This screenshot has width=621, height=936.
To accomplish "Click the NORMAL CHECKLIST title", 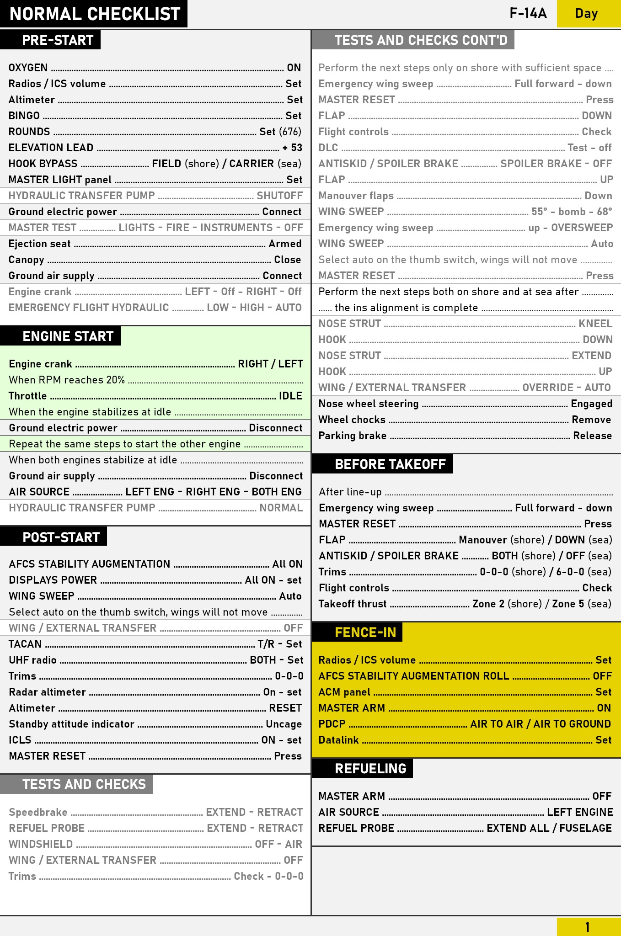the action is coord(95,14).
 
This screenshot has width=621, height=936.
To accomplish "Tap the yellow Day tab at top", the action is coord(586,14).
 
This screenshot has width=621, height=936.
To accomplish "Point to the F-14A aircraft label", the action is coord(528,13).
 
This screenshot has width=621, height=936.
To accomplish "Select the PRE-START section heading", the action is coord(57,40).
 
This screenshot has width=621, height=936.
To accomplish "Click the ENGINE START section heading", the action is coord(68,336).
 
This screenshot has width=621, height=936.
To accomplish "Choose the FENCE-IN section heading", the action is coord(365,633).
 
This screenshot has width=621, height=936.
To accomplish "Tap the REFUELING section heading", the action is coord(370,769).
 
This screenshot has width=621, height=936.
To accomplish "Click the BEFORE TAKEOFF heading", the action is coord(390,464).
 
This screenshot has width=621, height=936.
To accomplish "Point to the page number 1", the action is coord(587,927).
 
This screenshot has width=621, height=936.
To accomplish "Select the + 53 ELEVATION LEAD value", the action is coord(292,148).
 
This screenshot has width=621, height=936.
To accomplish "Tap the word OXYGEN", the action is coord(28,68).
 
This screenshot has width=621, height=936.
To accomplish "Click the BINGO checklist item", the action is coord(24,116).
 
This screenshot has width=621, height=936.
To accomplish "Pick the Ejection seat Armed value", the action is coord(285,244).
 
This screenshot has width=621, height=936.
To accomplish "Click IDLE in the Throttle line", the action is coord(290,396).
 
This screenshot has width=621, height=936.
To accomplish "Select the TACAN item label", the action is coord(25,644).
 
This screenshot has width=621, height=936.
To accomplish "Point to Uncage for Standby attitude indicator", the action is coord(284,724).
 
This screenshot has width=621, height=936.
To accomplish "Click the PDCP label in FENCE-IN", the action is coord(332,724).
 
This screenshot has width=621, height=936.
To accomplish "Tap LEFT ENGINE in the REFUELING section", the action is coord(579,812).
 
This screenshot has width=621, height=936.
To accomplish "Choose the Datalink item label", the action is coord(338,740).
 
